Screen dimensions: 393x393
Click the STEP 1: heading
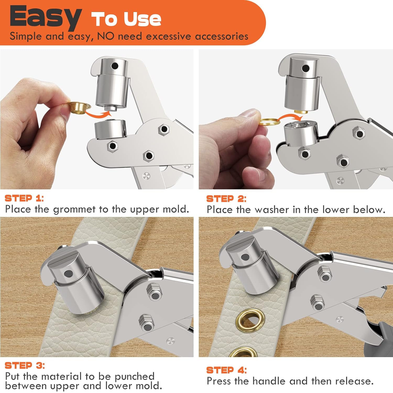tap(24, 198)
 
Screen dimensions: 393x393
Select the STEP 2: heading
tap(226, 199)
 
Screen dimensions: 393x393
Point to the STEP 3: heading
tap(25, 365)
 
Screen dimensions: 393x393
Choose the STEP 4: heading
tap(226, 370)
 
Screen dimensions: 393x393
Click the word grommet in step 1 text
tap(74, 209)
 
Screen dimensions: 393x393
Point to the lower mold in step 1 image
tap(110, 129)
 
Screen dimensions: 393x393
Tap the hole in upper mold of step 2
tap(305, 69)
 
